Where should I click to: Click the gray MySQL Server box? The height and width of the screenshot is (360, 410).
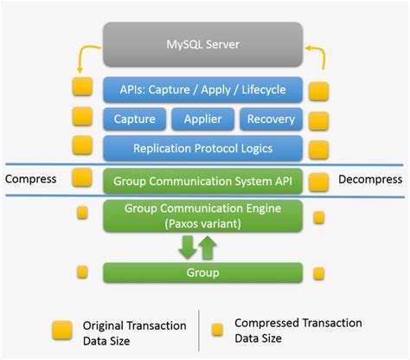(203, 43)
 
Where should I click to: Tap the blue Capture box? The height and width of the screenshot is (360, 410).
(134, 119)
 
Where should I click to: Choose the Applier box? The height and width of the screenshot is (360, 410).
(203, 119)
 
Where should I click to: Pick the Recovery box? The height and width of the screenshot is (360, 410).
(271, 119)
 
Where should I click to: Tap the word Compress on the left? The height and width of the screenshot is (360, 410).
(30, 180)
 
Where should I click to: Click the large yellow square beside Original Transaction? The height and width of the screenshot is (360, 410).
(61, 330)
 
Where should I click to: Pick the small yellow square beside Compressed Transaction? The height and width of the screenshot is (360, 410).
(219, 330)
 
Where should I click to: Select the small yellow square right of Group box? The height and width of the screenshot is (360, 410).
(319, 273)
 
